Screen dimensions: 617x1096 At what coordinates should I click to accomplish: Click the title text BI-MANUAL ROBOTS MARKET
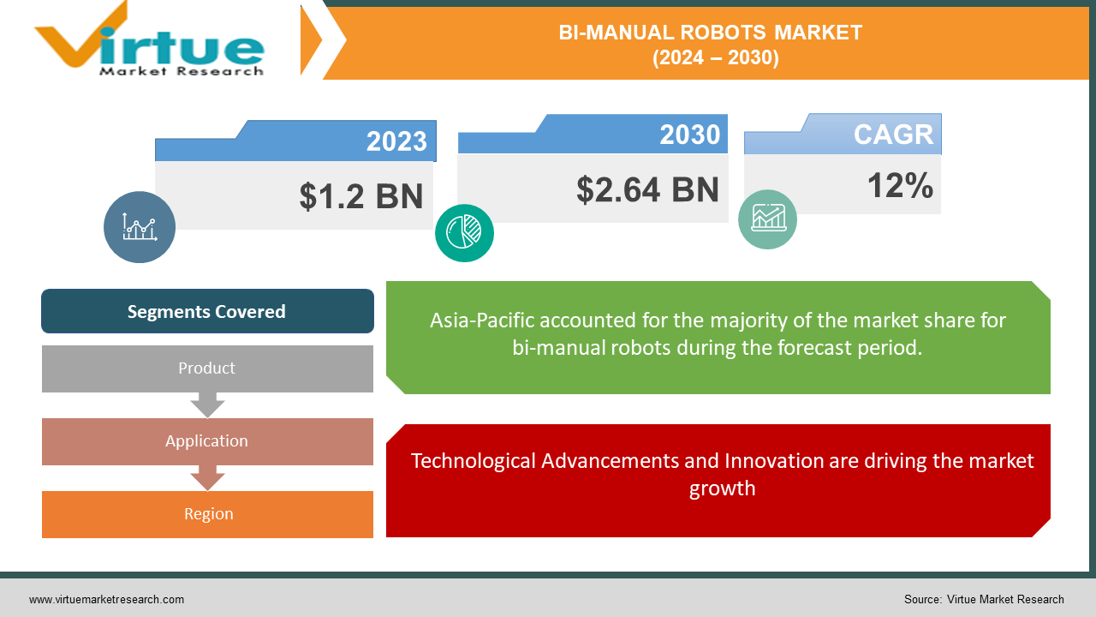click(710, 33)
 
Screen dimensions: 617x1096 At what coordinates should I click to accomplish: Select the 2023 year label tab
click(396, 141)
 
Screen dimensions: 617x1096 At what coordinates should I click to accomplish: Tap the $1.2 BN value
click(361, 195)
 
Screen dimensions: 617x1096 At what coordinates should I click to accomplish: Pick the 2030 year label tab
click(689, 135)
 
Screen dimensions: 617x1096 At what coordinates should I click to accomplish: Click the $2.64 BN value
click(647, 189)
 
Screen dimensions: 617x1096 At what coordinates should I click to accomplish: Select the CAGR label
click(893, 135)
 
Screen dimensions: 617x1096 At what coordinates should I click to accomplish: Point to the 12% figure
click(900, 185)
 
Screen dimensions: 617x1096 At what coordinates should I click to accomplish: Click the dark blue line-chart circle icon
click(140, 226)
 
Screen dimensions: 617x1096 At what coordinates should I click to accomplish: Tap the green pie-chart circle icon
click(464, 232)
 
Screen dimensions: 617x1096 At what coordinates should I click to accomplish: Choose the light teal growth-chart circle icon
click(767, 219)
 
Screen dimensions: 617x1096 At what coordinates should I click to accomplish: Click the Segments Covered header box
click(207, 311)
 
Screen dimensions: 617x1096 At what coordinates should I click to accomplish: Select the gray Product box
click(207, 368)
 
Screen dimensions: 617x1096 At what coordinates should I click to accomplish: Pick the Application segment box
click(207, 441)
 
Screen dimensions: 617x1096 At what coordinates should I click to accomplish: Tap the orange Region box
click(207, 514)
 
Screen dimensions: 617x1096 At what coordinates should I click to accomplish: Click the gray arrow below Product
click(207, 404)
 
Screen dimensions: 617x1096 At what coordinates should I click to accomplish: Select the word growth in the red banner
click(722, 488)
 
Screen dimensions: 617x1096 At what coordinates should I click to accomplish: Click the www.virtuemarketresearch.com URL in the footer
click(106, 600)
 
